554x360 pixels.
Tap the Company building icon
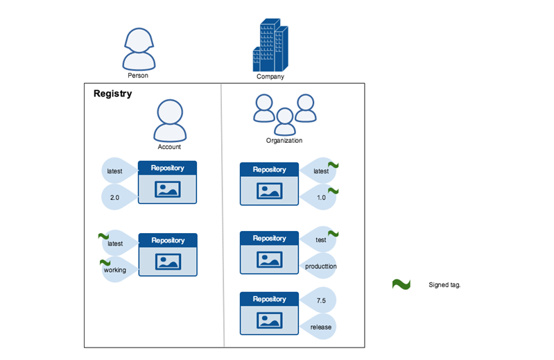click(x=270, y=44)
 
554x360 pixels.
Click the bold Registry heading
click(x=112, y=94)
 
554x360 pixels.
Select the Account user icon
click(x=169, y=121)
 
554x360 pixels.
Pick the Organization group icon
click(x=284, y=114)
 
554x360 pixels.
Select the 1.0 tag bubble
click(x=320, y=197)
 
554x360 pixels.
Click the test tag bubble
click(x=320, y=240)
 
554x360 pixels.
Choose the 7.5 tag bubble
click(x=320, y=300)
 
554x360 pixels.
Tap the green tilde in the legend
click(x=401, y=284)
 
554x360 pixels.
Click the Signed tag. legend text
click(x=444, y=284)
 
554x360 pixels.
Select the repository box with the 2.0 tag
click(x=167, y=182)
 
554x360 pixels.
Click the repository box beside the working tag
click(x=168, y=255)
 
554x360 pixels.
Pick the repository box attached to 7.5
click(x=269, y=314)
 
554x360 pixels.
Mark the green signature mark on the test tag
click(x=333, y=234)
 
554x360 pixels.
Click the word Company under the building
click(x=270, y=77)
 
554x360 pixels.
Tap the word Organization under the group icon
click(x=284, y=141)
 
